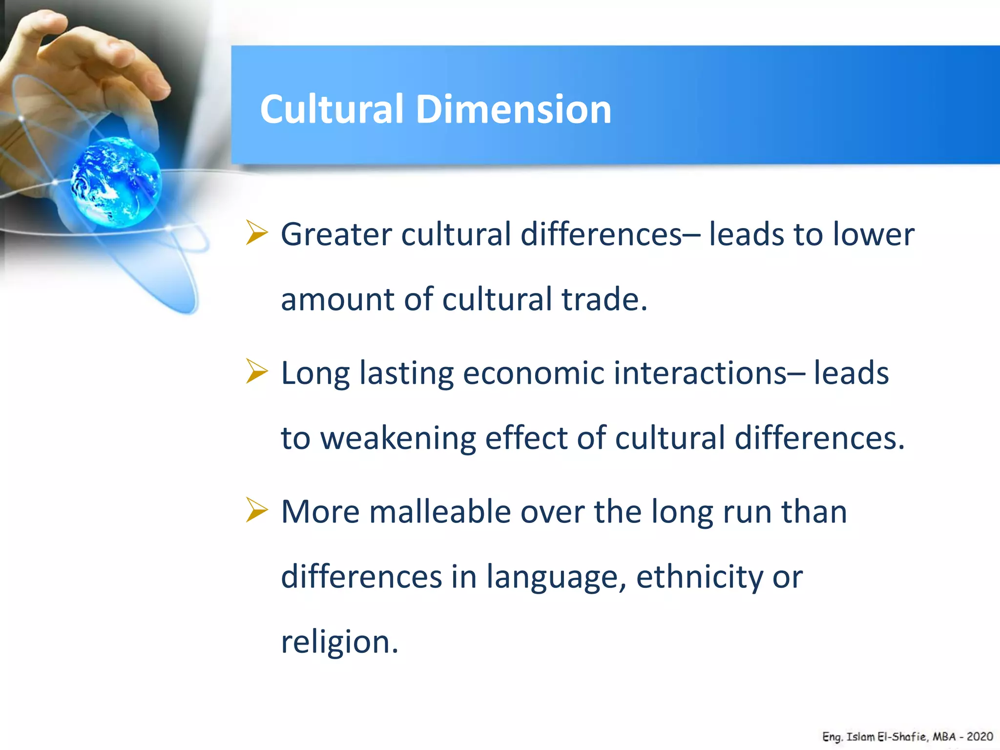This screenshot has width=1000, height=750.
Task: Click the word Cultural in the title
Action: pyautogui.click(x=332, y=109)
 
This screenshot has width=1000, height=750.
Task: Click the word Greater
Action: pyautogui.click(x=336, y=234)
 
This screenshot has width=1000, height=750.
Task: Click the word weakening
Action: pyautogui.click(x=397, y=438)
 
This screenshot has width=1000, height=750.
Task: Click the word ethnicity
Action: pyautogui.click(x=699, y=577)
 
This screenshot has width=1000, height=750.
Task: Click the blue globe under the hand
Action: pyautogui.click(x=116, y=183)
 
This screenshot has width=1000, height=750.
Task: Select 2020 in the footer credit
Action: pyautogui.click(x=979, y=736)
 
